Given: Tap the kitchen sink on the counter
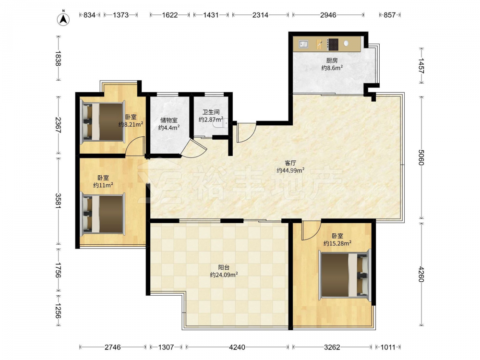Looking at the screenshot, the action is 303,44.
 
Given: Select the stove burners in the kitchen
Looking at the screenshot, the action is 333,44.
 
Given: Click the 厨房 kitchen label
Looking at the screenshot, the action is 332,60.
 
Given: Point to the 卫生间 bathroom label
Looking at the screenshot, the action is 211,112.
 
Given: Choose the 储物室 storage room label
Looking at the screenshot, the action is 168,120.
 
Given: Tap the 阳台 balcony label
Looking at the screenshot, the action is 224,267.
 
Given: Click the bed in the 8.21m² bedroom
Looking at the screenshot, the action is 103,122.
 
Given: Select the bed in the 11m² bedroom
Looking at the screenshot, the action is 103,214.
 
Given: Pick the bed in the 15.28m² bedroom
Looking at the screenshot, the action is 345,274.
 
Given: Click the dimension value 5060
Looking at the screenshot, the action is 421,157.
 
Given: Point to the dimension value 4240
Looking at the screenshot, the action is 237,347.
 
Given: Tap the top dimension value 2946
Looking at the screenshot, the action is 328,15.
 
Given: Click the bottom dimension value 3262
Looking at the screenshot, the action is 332,347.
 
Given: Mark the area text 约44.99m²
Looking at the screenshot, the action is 290,170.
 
